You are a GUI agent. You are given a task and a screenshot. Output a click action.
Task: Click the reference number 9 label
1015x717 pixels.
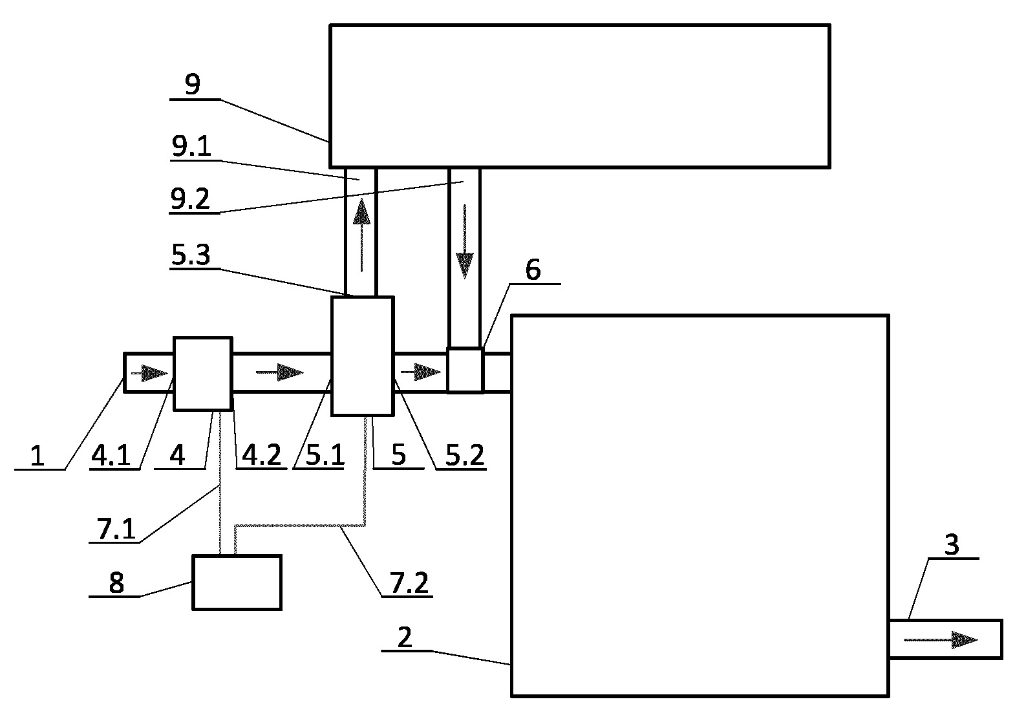193,84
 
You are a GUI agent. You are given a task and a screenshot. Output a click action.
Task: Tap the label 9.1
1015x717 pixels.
191,146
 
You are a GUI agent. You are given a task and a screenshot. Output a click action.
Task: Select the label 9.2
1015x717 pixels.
190,198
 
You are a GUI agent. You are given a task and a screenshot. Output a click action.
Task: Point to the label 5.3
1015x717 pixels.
191,255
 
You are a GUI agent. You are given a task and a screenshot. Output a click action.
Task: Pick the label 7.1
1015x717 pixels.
116,528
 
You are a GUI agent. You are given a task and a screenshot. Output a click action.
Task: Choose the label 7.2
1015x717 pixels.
409,583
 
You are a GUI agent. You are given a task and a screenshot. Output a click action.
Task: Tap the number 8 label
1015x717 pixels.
116,583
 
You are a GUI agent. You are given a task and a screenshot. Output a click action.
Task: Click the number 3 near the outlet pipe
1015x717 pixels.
952,545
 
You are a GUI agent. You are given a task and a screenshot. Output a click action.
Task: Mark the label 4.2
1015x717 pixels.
261,455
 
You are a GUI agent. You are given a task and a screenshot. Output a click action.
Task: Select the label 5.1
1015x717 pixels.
325,455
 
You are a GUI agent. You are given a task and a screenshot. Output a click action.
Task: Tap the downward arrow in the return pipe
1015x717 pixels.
464,242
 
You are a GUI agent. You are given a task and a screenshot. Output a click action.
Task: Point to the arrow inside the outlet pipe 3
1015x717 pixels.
941,640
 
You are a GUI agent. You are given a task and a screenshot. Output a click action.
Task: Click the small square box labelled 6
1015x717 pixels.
465,370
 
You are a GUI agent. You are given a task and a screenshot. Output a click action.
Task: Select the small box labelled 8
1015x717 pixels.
237,583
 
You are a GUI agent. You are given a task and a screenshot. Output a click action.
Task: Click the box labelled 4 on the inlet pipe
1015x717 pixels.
203,374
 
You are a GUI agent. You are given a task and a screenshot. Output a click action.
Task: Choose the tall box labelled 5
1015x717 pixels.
363,356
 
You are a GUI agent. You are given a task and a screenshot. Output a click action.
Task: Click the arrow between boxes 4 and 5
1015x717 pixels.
279,372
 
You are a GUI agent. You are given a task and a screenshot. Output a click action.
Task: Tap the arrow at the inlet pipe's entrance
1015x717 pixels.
149,374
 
